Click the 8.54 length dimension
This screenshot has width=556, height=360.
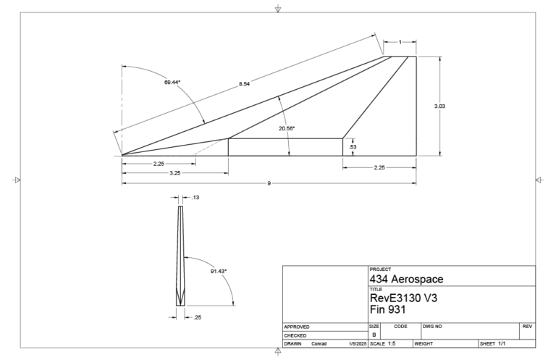245,85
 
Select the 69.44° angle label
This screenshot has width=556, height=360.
172,83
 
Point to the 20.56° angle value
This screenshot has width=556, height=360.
287,128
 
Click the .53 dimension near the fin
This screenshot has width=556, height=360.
352,147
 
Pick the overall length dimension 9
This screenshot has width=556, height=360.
269,183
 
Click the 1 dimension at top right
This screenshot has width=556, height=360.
400,42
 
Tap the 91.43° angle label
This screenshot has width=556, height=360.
219,271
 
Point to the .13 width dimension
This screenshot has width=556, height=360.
195,197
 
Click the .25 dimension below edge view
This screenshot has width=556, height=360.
197,316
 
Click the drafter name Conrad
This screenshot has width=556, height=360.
319,343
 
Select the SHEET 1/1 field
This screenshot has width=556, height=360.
492,343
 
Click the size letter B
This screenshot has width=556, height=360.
374,335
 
